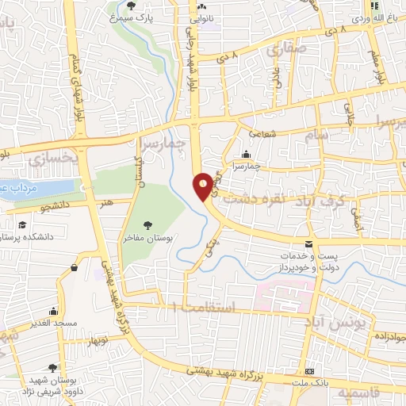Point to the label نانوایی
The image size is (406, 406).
pos(221,15)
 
